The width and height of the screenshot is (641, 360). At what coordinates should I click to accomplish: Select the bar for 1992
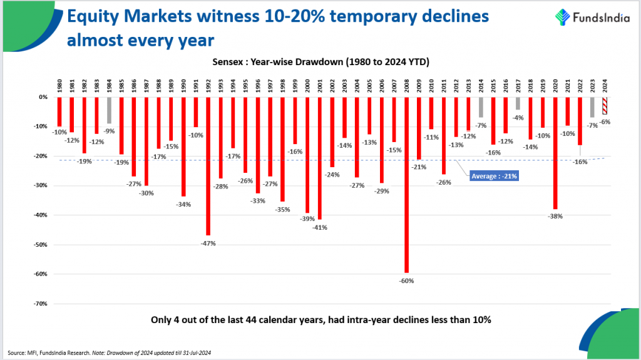pyautogui.click(x=208, y=166)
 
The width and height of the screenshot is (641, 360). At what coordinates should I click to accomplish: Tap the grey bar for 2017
pyautogui.click(x=518, y=103)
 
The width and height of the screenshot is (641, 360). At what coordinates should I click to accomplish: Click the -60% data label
pyautogui.click(x=407, y=281)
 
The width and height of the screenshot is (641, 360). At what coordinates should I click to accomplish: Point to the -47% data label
pyautogui.click(x=208, y=243)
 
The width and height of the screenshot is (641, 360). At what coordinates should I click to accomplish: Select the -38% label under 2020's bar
pyautogui.click(x=555, y=217)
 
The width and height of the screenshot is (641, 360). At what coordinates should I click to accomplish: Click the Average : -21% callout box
pyautogui.click(x=493, y=177)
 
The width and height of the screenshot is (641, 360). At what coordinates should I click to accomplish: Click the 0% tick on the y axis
pyautogui.click(x=43, y=97)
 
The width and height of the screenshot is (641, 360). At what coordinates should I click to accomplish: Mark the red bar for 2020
pyautogui.click(x=555, y=153)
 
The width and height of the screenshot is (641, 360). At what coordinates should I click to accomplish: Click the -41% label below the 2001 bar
pyautogui.click(x=320, y=227)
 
